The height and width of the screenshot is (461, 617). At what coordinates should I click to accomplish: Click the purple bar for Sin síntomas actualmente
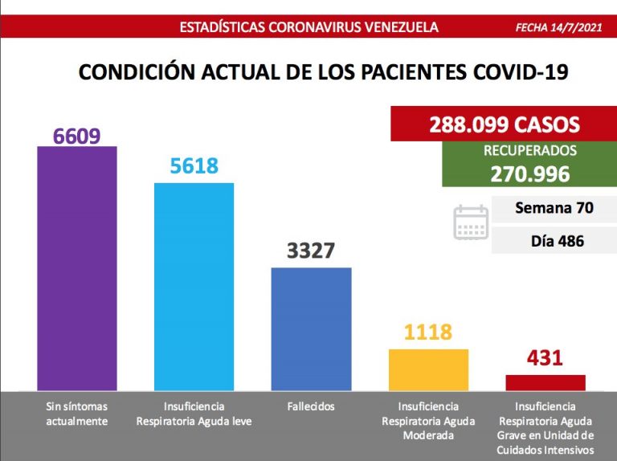[x=77, y=268]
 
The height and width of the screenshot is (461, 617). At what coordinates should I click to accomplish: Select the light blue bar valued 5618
[x=194, y=287]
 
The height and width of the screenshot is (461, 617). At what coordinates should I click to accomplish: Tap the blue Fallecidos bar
[x=311, y=328]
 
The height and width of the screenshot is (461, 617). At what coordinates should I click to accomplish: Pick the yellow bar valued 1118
[x=428, y=369]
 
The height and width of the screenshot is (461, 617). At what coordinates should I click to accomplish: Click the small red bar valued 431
[x=545, y=382]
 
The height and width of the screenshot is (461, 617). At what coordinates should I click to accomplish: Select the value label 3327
[x=311, y=251]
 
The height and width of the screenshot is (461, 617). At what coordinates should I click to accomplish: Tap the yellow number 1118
[x=428, y=332]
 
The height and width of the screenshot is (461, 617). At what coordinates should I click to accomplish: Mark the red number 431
[x=545, y=358]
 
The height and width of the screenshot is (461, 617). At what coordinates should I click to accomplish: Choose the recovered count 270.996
[x=529, y=173]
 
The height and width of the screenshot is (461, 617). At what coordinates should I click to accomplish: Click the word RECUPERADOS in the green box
[x=529, y=151]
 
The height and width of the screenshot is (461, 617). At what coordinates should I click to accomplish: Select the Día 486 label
[x=557, y=240]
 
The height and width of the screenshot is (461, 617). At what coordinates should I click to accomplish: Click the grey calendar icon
[x=471, y=222]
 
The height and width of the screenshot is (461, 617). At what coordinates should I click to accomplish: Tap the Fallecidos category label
[x=311, y=406]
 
